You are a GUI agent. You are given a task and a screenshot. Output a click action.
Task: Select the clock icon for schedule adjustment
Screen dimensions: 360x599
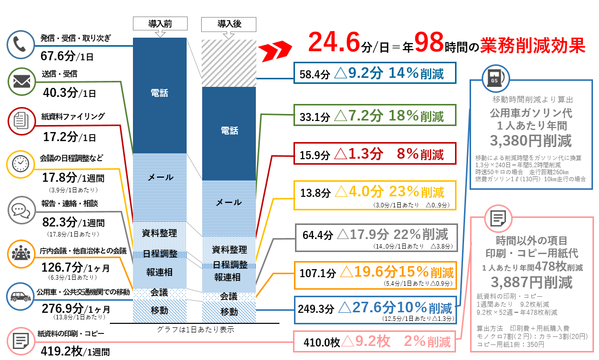coord(20,164)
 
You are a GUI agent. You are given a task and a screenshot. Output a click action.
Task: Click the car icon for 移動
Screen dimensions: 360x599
coord(20,296)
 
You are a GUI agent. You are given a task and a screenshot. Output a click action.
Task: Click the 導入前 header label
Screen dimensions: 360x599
coord(160,23)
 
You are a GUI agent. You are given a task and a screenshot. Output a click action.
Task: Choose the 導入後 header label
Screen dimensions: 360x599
coord(228,23)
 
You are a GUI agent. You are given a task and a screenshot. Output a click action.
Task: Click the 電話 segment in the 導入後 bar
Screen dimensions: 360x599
coord(229,131)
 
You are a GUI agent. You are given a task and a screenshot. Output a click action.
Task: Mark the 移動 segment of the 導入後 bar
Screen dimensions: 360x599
coord(229,312)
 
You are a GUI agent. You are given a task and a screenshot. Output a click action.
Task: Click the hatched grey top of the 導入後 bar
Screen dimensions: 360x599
coord(229,63)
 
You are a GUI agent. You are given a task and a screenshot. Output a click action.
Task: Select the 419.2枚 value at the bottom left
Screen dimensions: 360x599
coord(58,351)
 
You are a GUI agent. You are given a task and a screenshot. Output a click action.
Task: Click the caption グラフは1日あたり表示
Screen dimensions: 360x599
coord(195,329)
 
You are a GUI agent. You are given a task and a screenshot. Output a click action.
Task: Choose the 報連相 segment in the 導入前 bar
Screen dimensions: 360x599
coord(160,273)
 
